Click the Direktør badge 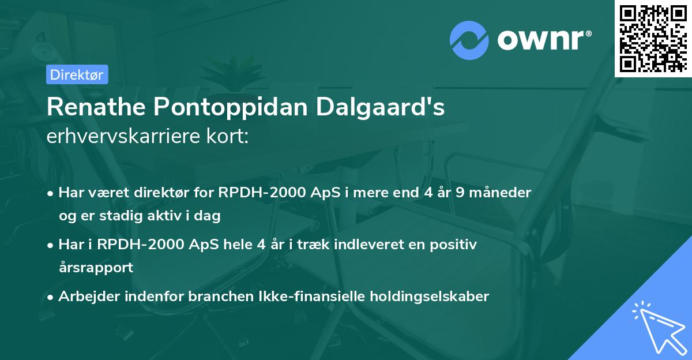(77, 74)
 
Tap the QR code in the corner (653, 39)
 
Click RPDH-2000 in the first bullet (256, 192)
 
